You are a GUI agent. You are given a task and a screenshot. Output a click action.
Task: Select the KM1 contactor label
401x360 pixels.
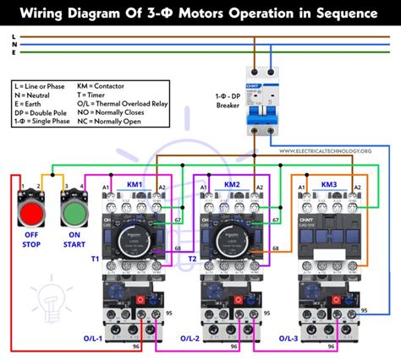135,184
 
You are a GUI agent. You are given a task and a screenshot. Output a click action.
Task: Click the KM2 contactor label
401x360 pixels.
233,184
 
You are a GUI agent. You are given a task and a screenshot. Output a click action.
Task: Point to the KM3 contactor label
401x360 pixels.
329,184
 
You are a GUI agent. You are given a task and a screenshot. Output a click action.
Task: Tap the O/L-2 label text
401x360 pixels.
191,339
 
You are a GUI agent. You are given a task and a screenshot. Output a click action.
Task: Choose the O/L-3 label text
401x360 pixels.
288,339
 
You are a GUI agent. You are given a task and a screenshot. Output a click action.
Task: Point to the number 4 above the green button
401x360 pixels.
82,185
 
